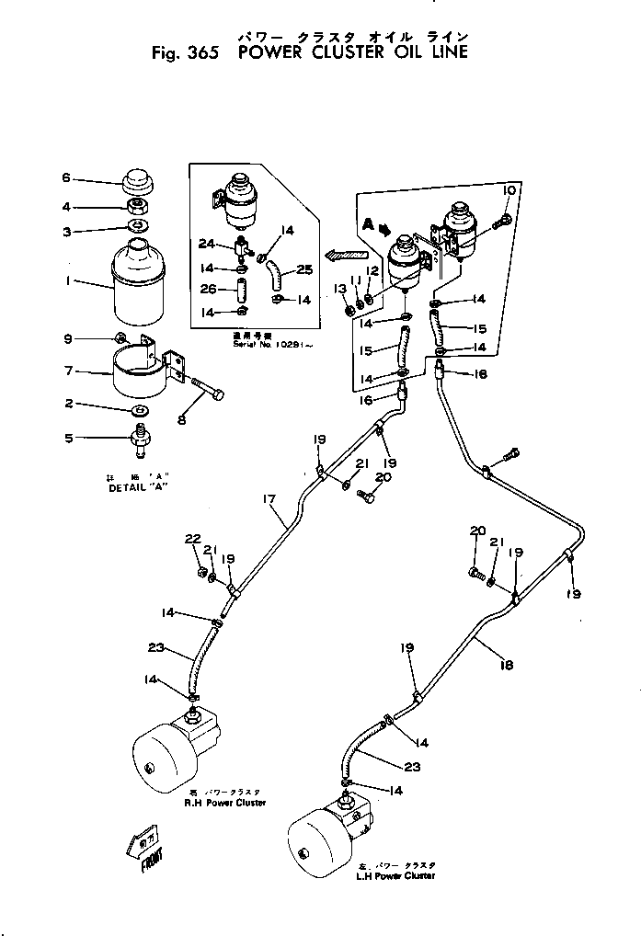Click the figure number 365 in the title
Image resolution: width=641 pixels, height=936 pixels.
coord(200,52)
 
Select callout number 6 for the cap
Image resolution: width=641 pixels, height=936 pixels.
coord(65,177)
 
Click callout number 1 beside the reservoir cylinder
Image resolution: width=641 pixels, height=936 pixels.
coord(68,282)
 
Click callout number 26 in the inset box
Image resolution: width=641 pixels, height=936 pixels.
coord(209,290)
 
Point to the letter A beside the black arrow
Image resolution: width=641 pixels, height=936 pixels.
coord(367,223)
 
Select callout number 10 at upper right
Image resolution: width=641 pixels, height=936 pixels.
coord(509,189)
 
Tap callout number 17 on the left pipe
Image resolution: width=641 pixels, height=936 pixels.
coord(269,499)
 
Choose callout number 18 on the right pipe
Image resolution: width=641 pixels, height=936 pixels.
coord(508,663)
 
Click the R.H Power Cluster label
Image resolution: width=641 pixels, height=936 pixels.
coord(224,803)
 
